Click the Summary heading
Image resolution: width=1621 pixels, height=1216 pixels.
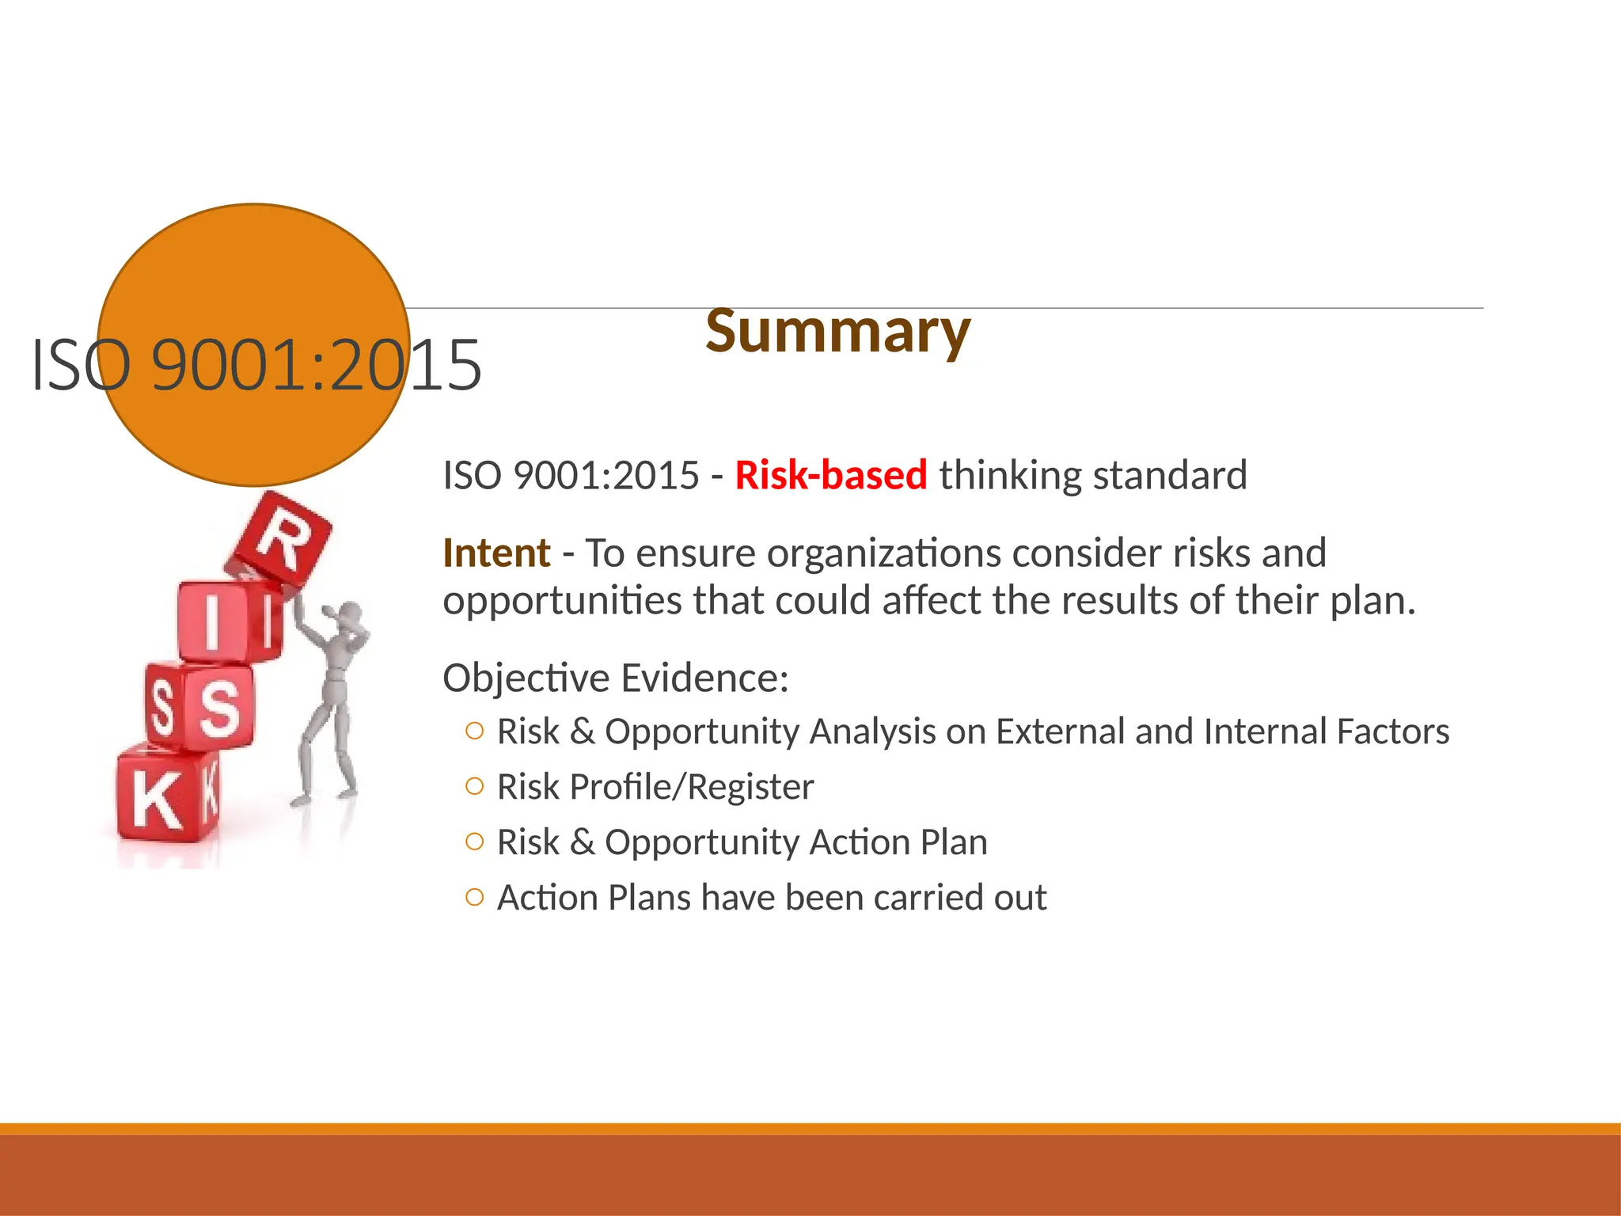[837, 332]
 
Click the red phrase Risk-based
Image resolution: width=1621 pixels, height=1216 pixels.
[830, 475]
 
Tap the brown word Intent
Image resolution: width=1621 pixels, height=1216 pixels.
[496, 553]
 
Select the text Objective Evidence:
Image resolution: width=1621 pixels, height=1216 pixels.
[615, 678]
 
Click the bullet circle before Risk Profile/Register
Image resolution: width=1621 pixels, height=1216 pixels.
[474, 787]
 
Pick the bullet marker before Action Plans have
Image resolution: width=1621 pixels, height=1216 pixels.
[474, 898]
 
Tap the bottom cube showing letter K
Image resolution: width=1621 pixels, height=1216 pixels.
[162, 796]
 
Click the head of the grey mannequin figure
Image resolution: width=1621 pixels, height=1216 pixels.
[349, 614]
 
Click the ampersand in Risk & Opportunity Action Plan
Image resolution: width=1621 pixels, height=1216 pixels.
[582, 842]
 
